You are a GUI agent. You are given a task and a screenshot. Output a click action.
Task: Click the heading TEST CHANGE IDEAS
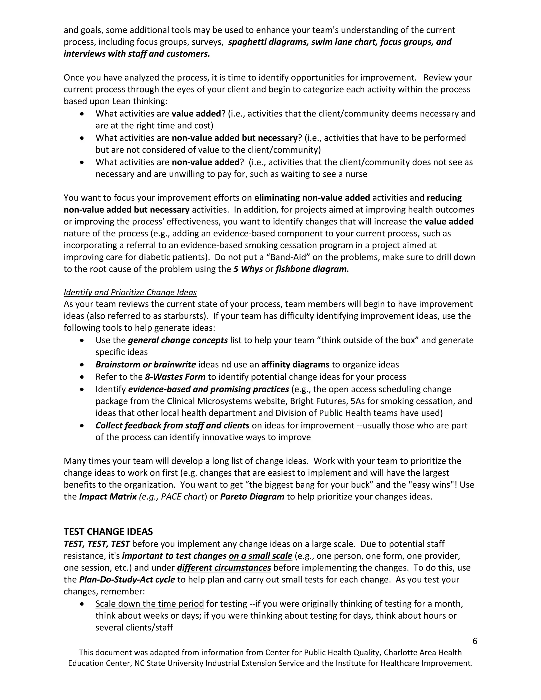108,532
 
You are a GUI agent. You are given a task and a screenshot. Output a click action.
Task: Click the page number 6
475,641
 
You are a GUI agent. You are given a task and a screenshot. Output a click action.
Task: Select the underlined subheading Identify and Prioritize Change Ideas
130,292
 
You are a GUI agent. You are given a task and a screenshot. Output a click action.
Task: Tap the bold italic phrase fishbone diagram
312,269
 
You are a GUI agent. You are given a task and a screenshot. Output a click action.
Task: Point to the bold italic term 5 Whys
248,269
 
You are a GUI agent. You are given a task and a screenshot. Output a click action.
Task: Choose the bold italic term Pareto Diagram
252,497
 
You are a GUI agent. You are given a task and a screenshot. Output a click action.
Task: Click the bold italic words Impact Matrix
108,497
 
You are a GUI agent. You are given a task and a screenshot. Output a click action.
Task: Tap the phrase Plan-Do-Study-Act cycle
127,580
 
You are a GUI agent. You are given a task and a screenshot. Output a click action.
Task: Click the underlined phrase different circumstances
224,568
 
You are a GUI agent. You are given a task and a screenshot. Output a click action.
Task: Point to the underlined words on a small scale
260,556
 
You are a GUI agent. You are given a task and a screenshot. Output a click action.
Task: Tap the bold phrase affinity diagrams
295,365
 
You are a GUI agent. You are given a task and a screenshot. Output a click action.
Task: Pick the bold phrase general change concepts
178,340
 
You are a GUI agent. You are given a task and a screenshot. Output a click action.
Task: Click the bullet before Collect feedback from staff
82,426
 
